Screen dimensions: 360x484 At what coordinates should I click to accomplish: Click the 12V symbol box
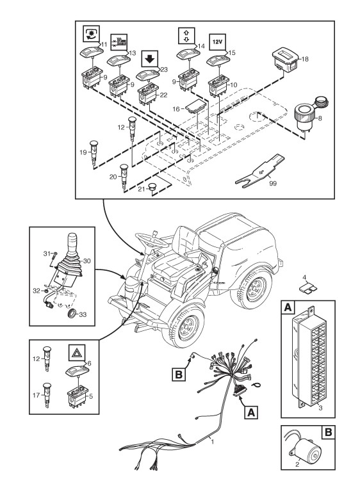[x=218, y=42]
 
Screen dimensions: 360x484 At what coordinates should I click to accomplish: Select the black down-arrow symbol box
[x=150, y=59]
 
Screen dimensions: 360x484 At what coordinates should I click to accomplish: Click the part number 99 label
[x=273, y=184]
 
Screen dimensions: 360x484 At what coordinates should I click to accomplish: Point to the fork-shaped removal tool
[x=259, y=171]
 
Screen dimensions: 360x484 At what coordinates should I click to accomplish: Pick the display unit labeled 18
[x=286, y=60]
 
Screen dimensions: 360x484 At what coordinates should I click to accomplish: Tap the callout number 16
[x=176, y=109]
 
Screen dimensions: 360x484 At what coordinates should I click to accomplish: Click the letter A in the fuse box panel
[x=288, y=307]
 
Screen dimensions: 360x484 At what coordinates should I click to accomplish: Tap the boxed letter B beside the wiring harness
[x=179, y=375]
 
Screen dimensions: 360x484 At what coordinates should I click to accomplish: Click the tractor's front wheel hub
[x=187, y=327]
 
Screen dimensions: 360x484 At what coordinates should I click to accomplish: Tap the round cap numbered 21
[x=152, y=188]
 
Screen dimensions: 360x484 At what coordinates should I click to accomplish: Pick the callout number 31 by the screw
[x=47, y=254]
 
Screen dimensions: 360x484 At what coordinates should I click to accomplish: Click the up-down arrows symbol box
[x=187, y=35]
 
